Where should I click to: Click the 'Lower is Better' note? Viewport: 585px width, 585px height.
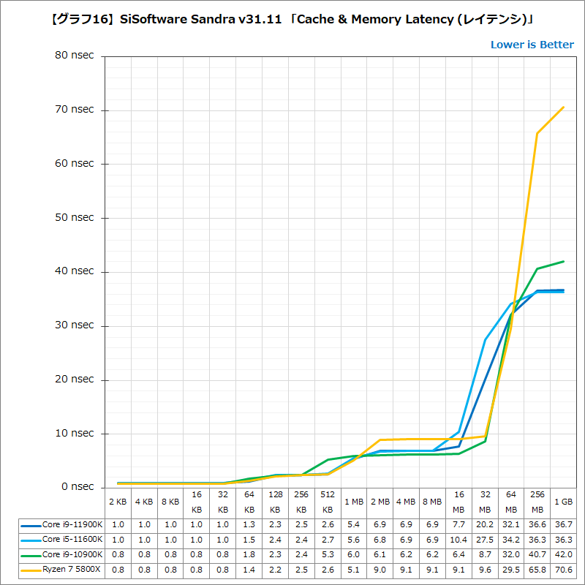coord(532,45)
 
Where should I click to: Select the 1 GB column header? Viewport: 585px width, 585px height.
coord(563,502)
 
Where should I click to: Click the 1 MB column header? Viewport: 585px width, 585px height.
coord(354,502)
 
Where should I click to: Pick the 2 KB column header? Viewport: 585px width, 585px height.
coord(118,502)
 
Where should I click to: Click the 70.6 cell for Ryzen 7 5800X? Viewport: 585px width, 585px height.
coord(563,569)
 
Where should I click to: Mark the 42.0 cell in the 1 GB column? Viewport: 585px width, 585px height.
coord(563,554)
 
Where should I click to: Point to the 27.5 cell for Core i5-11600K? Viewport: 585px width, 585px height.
coord(485,540)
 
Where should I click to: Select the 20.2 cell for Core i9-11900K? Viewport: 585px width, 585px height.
coord(485,525)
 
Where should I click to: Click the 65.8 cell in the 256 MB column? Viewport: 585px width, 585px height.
coord(537,569)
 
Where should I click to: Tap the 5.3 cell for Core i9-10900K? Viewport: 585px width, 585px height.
coord(328,554)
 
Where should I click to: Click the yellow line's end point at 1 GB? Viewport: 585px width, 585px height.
coord(564,107)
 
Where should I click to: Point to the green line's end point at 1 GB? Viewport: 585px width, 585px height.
coord(564,261)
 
